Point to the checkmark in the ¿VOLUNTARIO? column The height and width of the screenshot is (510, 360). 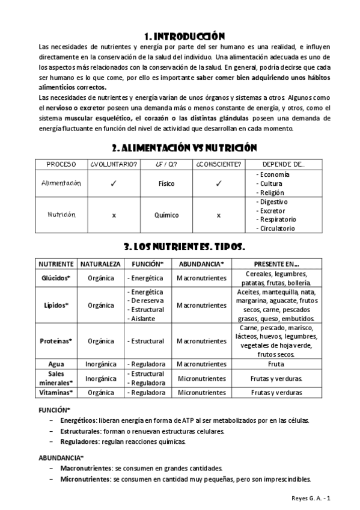click(x=113, y=183)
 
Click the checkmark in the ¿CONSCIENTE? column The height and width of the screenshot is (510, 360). click(x=218, y=183)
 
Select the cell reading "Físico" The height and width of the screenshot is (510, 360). click(x=166, y=183)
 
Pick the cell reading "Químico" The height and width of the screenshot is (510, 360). click(x=166, y=215)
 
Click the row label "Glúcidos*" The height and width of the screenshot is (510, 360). click(x=56, y=278)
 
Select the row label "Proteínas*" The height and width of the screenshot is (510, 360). click(x=56, y=341)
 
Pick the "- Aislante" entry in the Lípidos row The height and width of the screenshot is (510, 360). click(x=141, y=318)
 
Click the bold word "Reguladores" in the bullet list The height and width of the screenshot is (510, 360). click(x=80, y=441)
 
